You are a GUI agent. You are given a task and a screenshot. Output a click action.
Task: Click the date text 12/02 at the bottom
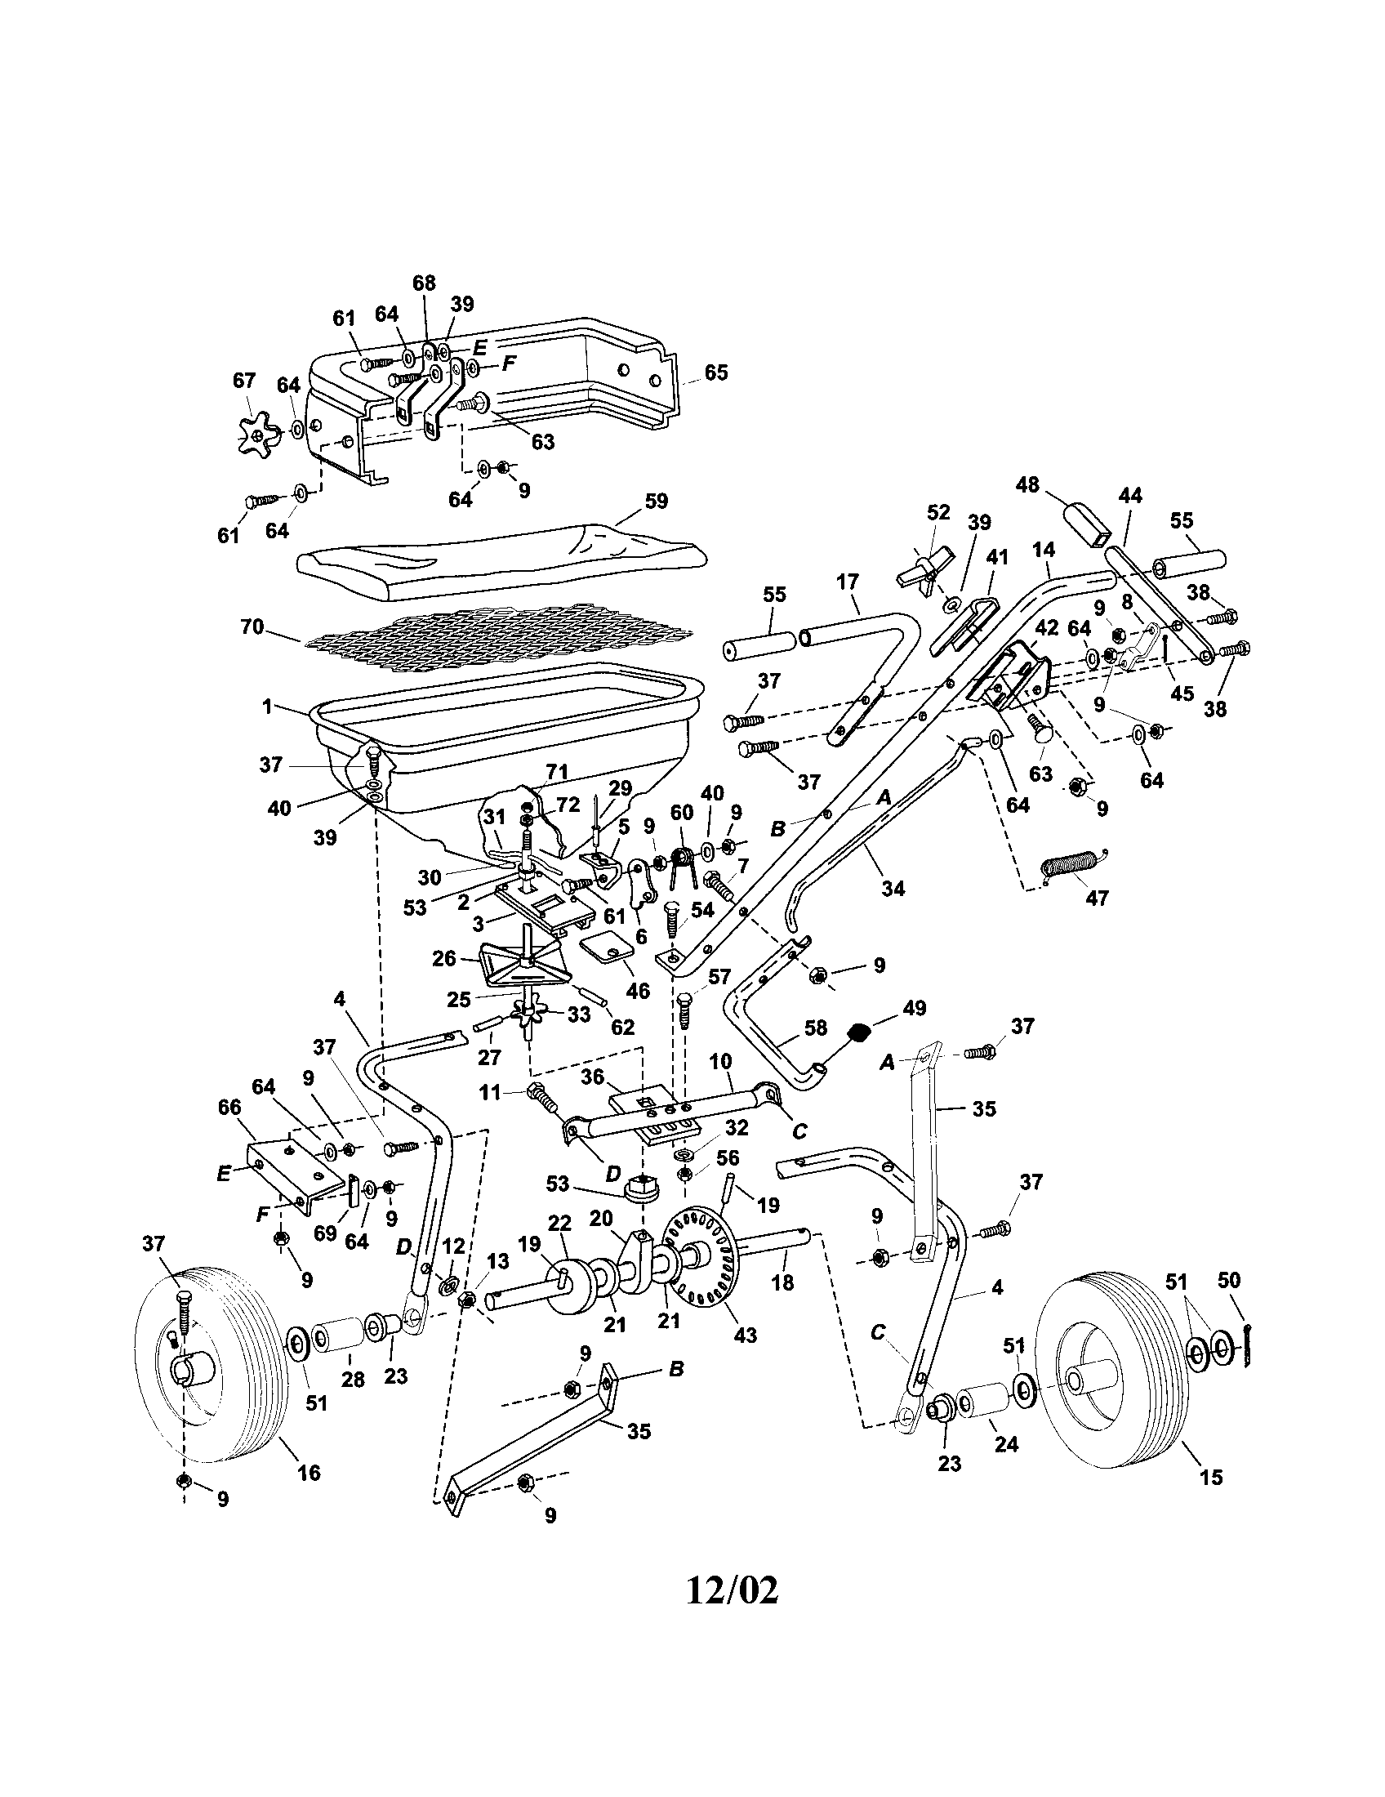(731, 1590)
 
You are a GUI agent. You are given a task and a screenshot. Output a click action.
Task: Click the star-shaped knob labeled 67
(258, 433)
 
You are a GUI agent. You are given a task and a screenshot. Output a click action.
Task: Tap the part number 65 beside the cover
(715, 372)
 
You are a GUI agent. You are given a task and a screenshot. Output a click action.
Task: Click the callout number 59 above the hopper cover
(657, 500)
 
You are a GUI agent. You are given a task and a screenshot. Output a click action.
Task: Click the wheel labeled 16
(213, 1365)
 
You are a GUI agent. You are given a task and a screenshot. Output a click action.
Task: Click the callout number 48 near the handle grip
(1027, 484)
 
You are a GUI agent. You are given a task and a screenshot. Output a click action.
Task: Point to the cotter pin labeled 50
(1248, 1348)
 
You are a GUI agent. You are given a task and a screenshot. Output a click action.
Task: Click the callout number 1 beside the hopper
(266, 707)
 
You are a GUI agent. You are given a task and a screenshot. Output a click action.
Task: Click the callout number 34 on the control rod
(893, 889)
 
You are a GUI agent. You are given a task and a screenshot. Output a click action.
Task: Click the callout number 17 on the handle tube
(846, 582)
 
